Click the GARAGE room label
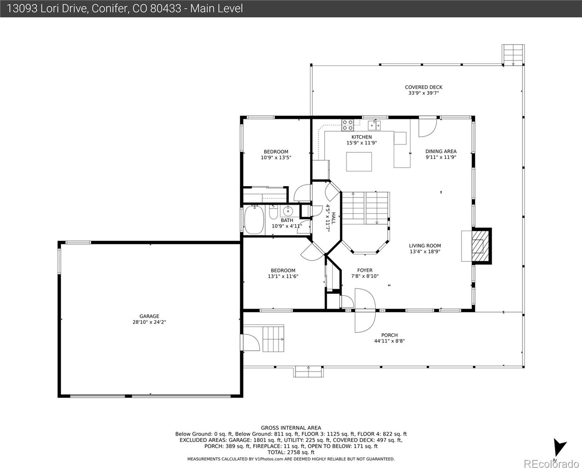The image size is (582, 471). coord(149,316)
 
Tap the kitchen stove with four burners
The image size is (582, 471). coord(347,125)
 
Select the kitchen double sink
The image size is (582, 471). coord(374,125)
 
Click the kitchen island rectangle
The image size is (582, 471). coord(359,161)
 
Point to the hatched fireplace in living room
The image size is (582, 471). coord(480,246)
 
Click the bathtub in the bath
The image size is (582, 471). coord(254,220)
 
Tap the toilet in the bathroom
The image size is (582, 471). coord(274,212)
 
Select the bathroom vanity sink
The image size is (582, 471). coord(287,210)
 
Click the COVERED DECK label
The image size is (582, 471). coord(424,88)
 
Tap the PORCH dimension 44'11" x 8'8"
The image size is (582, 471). coord(389,341)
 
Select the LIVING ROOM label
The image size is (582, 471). coord(425,246)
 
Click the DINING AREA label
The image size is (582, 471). coord(441,151)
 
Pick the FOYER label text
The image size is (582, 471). coord(365,270)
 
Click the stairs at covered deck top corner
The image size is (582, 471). coord(513,54)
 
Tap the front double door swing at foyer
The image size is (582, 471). coord(364,310)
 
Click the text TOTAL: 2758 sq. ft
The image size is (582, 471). coord(291,453)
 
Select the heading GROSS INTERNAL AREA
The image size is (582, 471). coord(291,428)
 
